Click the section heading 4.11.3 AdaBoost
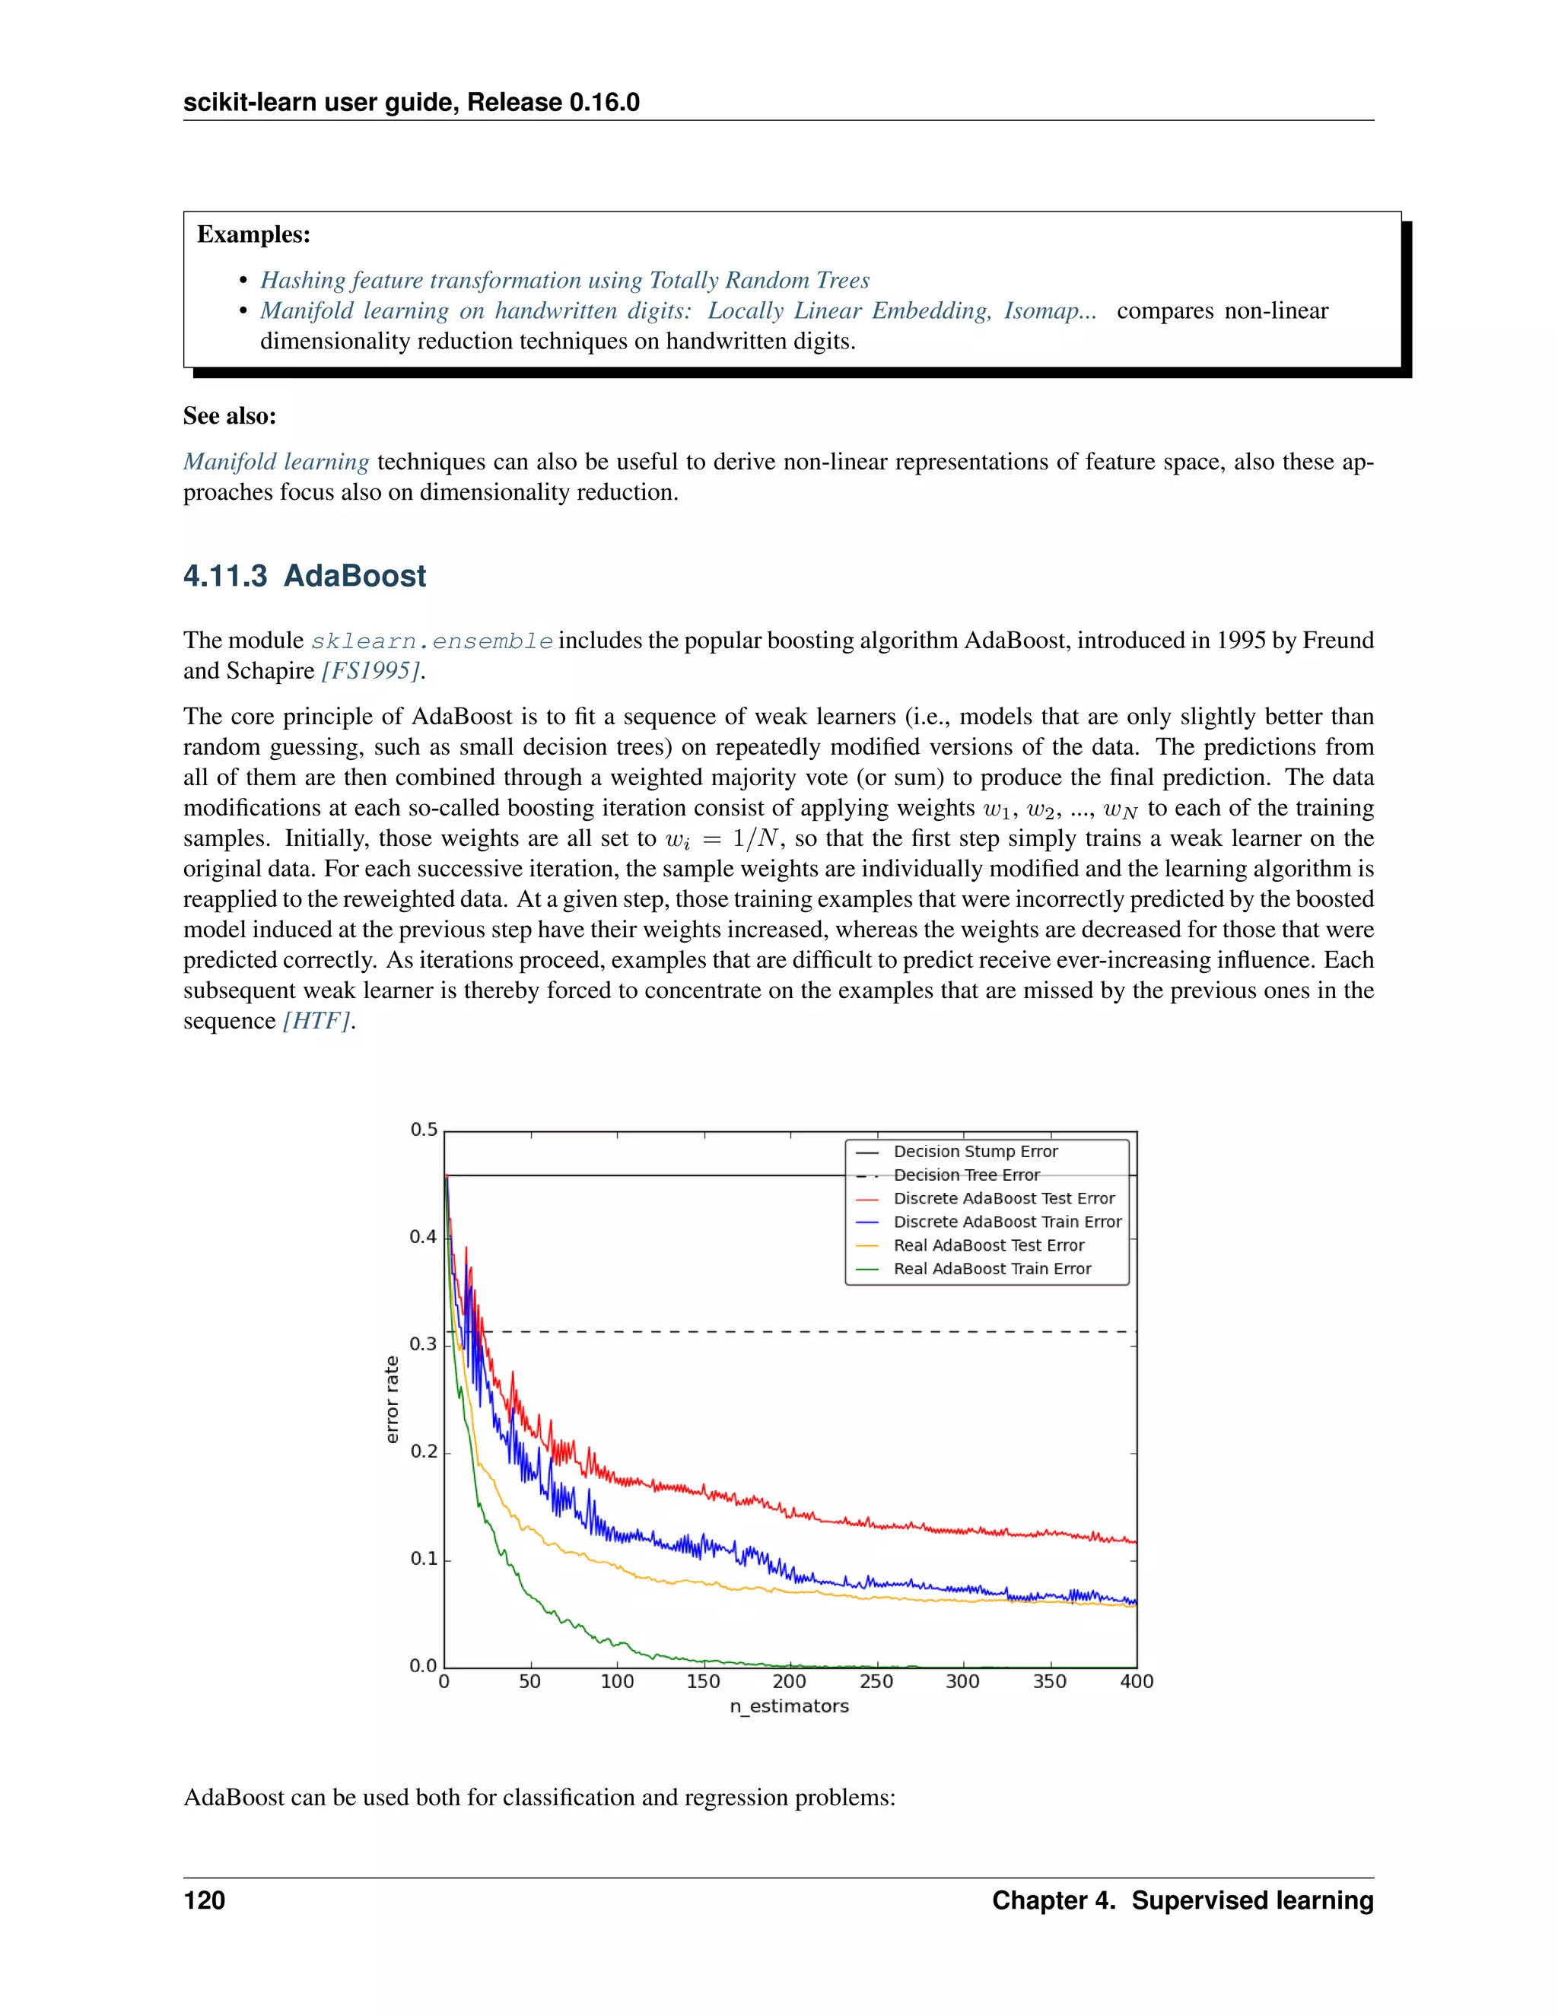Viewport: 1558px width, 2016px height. coord(304,576)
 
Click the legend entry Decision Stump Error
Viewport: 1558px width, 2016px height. coord(975,1151)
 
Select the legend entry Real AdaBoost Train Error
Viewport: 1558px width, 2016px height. coord(991,1268)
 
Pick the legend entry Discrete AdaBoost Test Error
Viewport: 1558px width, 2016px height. coord(1003,1198)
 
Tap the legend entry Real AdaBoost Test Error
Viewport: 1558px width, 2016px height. coord(987,1245)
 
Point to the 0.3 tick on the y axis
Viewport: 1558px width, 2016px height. coord(424,1344)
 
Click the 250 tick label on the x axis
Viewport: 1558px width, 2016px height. coord(876,1681)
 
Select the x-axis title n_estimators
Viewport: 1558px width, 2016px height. coord(789,1706)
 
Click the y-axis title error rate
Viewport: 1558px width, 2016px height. coord(393,1399)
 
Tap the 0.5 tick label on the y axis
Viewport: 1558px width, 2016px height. coord(424,1130)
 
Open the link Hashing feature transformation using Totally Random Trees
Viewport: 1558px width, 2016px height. coord(564,280)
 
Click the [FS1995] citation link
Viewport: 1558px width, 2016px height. coord(371,671)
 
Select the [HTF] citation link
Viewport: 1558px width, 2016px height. coord(316,1021)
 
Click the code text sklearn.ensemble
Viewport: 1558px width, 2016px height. coord(432,641)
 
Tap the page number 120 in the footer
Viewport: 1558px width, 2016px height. coord(204,1900)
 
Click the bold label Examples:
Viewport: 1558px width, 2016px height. coord(254,234)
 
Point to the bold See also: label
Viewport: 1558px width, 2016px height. coord(230,416)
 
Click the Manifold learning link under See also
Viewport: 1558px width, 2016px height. coord(276,462)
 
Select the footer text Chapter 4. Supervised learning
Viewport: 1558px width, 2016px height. coord(1182,1900)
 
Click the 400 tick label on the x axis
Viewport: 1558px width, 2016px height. coord(1137,1681)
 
